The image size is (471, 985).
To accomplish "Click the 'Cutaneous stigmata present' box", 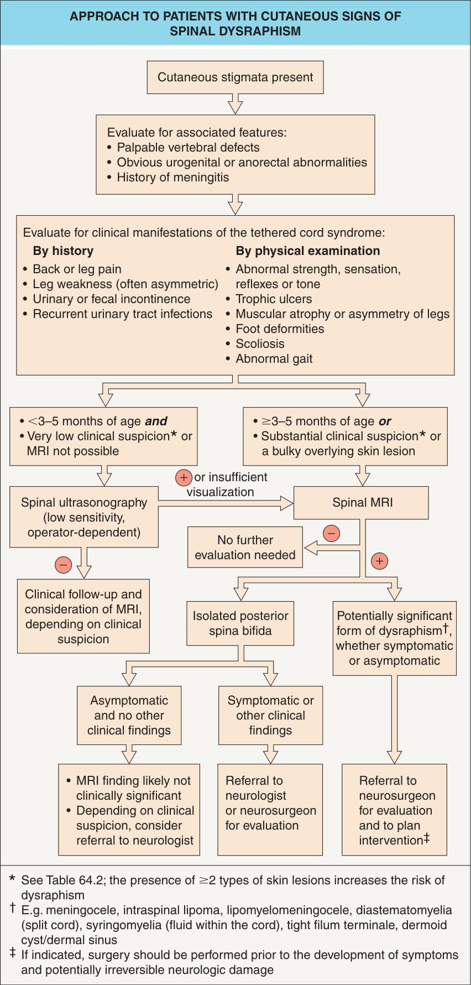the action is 235,77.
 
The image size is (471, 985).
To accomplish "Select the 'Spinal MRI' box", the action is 361,503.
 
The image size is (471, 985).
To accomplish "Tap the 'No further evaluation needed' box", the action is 245,548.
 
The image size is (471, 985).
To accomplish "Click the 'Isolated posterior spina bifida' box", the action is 240,623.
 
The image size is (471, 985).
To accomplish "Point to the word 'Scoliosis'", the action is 260,343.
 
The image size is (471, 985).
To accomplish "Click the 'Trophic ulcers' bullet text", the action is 274,299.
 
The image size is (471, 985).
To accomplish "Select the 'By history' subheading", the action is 63,251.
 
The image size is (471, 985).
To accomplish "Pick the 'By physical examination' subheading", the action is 308,251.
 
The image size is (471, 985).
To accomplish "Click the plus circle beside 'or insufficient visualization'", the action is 184,477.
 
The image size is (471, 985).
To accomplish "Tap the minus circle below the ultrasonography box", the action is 63,565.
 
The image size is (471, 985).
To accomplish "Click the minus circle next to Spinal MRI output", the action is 331,534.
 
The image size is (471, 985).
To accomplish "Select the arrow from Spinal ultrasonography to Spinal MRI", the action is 226,503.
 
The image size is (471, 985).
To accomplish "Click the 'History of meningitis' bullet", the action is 172,178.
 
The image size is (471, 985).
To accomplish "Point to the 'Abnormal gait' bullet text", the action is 274,359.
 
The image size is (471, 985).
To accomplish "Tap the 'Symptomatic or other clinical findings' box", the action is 270,715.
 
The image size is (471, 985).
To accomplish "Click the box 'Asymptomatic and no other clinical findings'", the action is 129,715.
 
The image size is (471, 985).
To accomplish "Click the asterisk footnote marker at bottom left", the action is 13,878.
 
